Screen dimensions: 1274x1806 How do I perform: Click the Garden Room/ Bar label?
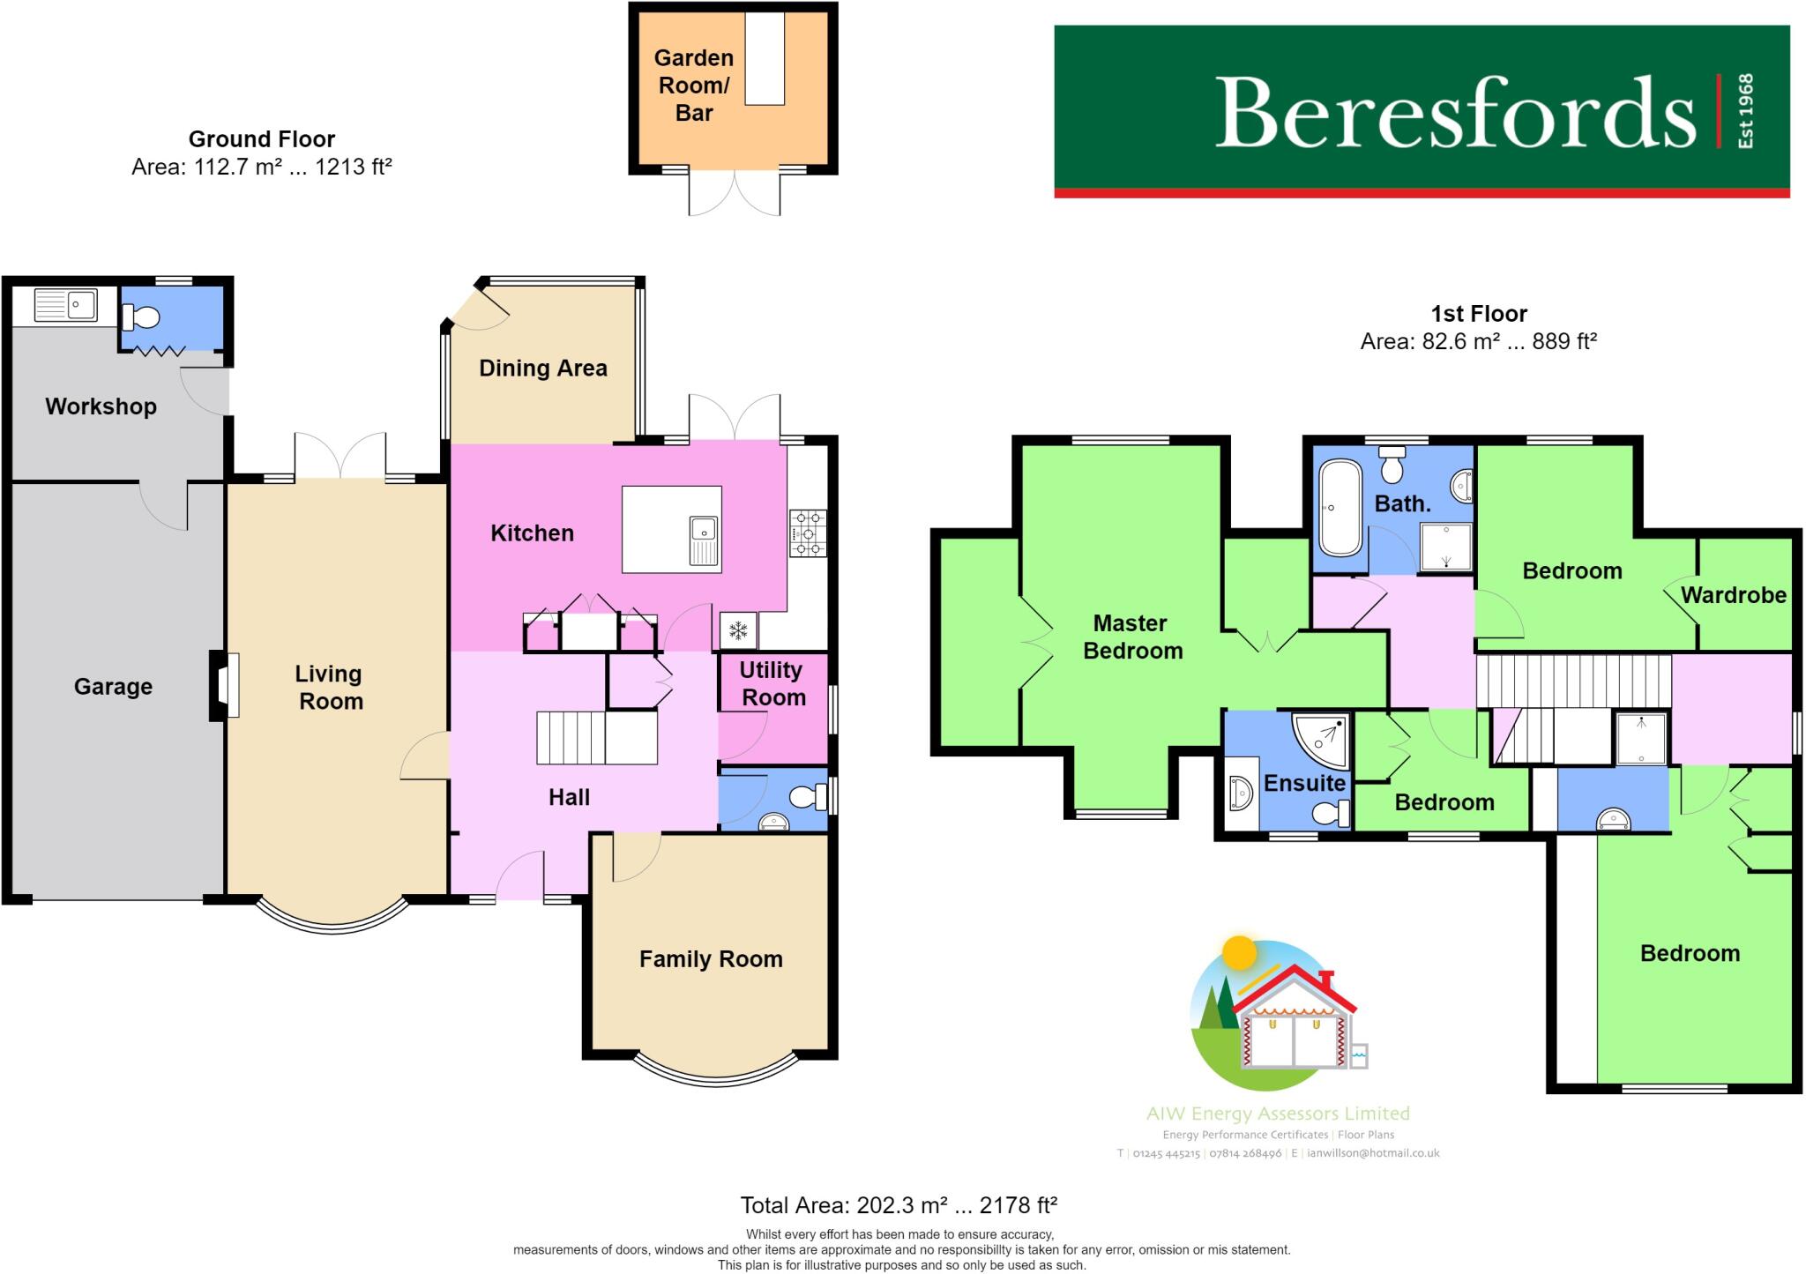click(x=694, y=86)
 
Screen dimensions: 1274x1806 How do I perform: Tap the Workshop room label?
click(x=101, y=406)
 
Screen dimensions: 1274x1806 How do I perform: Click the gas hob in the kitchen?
click(x=808, y=533)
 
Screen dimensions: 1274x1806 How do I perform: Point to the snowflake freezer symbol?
click(x=737, y=630)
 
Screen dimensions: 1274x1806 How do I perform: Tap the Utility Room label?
click(x=772, y=683)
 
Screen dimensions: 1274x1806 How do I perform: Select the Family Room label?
click(x=711, y=959)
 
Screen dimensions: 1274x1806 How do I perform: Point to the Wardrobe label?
click(x=1733, y=595)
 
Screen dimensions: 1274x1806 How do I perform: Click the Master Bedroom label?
click(x=1131, y=637)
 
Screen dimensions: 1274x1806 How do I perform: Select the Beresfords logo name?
click(x=1454, y=113)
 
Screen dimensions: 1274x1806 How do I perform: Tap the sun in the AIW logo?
click(x=1240, y=953)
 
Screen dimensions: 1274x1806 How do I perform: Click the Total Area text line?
click(x=898, y=1205)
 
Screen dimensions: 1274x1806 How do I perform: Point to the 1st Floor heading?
click(x=1479, y=314)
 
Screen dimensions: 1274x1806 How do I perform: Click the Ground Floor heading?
click(x=261, y=139)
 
